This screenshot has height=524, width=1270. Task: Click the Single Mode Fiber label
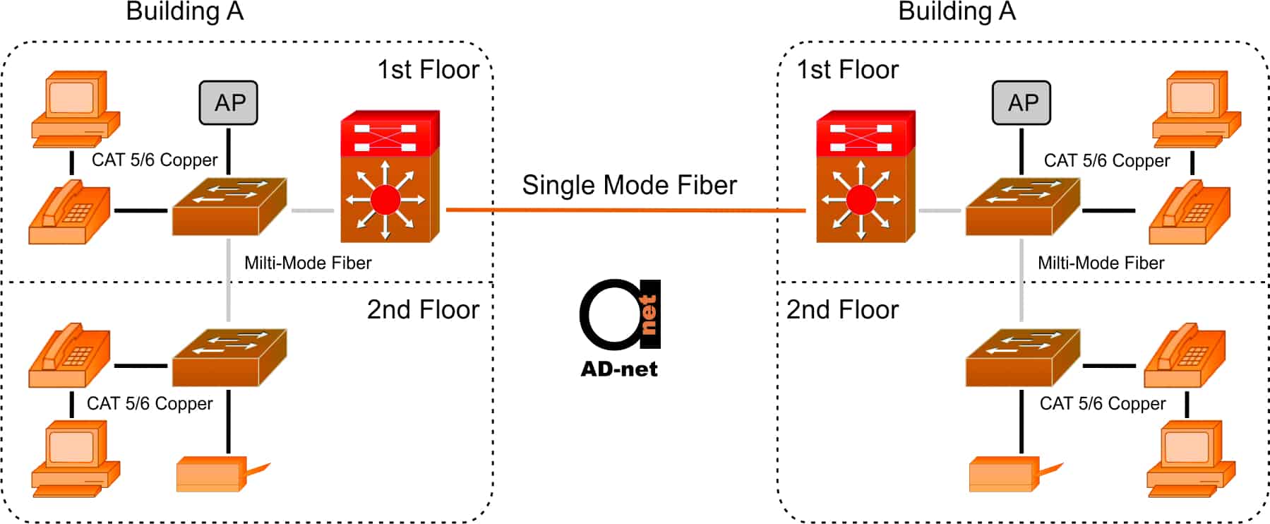629,185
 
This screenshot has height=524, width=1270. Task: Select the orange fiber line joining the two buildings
625,210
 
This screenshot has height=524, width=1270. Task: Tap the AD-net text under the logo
619,369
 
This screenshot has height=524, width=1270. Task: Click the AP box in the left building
228,102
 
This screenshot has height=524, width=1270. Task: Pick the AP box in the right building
1021,102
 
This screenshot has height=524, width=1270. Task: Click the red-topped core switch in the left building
390,177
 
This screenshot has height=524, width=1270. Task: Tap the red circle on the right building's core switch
861,200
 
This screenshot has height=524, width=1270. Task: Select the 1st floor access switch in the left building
229,206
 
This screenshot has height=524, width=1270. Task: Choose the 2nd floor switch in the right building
1022,357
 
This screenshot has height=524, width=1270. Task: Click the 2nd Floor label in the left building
423,309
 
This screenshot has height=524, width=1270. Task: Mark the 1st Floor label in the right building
847,69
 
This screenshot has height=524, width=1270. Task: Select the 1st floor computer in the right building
1197,109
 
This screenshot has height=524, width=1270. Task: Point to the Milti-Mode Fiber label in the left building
308,263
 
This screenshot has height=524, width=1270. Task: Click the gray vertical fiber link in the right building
1022,280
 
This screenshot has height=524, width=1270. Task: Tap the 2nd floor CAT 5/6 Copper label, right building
1102,403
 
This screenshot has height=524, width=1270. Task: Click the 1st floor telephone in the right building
1190,212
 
